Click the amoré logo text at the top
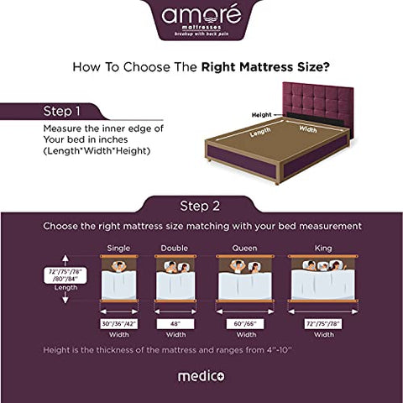[201, 14]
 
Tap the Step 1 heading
[63, 110]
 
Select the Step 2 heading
[200, 206]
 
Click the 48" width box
[175, 322]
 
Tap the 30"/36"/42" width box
[119, 322]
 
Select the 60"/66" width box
[245, 322]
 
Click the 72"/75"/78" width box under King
[323, 322]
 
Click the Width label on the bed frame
[308, 129]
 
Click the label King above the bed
[323, 248]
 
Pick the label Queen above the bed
[245, 248]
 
